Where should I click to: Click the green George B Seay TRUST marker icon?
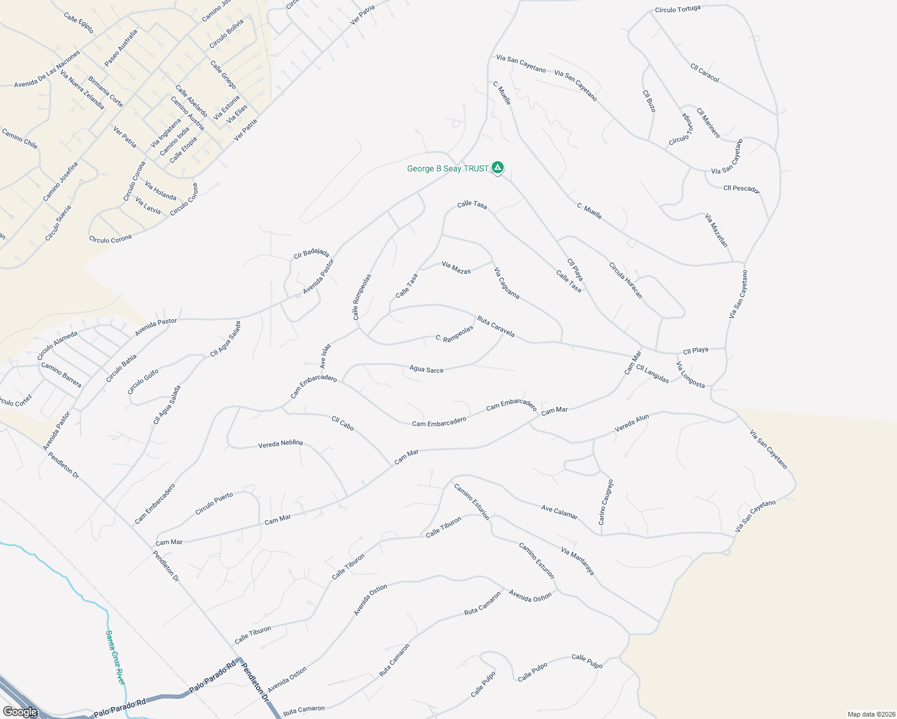tap(497, 168)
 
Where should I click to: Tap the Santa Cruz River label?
tap(115, 657)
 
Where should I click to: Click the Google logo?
tap(20, 712)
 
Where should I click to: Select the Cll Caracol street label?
tap(705, 73)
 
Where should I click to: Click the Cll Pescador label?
tap(741, 189)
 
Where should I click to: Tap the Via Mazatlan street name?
tap(716, 230)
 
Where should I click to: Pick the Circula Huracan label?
tap(625, 280)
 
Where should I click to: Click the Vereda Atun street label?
tap(632, 424)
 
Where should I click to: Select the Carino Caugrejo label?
tap(606, 502)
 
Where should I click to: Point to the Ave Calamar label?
tap(559, 512)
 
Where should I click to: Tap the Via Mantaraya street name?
tap(577, 561)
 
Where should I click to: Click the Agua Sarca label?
tap(426, 370)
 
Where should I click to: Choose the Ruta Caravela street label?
tap(496, 327)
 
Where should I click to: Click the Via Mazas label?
tap(456, 267)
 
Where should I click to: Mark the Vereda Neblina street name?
tap(281, 444)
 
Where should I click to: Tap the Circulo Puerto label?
tap(214, 504)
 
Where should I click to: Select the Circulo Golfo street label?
tap(143, 382)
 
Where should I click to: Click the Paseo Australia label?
tap(121, 48)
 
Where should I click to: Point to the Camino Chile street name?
tap(20, 138)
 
